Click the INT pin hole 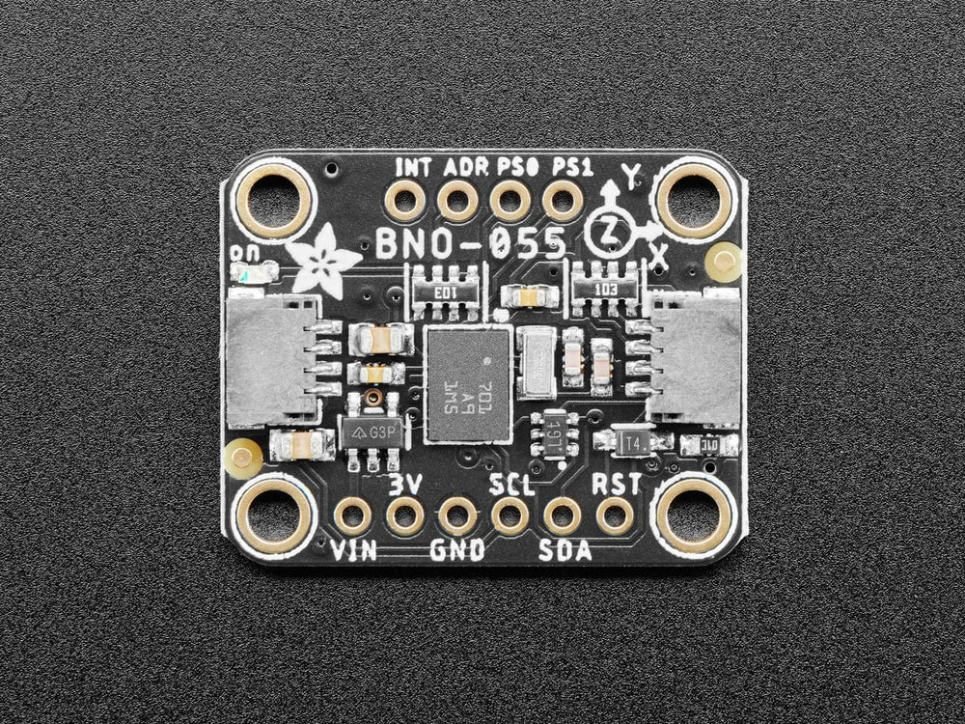(403, 203)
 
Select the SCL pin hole (509, 516)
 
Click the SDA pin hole (561, 516)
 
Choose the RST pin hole (613, 516)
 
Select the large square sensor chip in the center (468, 384)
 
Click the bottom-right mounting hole (693, 515)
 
